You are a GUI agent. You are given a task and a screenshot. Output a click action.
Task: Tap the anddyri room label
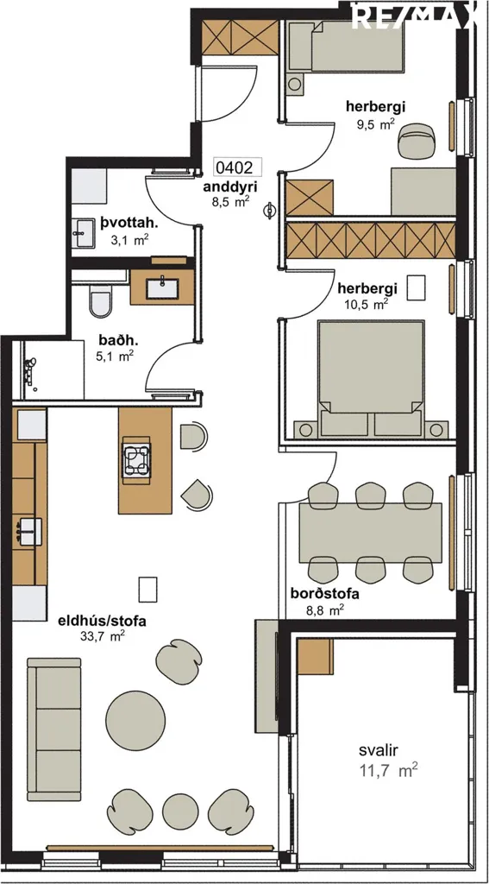pos(231,186)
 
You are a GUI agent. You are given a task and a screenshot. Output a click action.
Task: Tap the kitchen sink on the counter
pos(29,531)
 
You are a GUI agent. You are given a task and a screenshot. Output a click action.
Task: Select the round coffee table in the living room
pos(135,721)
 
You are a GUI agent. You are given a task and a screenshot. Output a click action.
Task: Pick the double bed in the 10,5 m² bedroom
pos(371,379)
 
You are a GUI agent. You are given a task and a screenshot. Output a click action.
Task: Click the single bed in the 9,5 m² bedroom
pos(344,47)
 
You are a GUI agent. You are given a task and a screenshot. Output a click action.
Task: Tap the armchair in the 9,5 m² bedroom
pos(417,140)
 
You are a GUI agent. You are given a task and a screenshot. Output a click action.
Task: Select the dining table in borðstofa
pos(370,533)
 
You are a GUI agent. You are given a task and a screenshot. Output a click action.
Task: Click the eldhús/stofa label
pos(103,622)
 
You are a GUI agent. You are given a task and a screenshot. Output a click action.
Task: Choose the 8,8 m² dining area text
pos(324,609)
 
